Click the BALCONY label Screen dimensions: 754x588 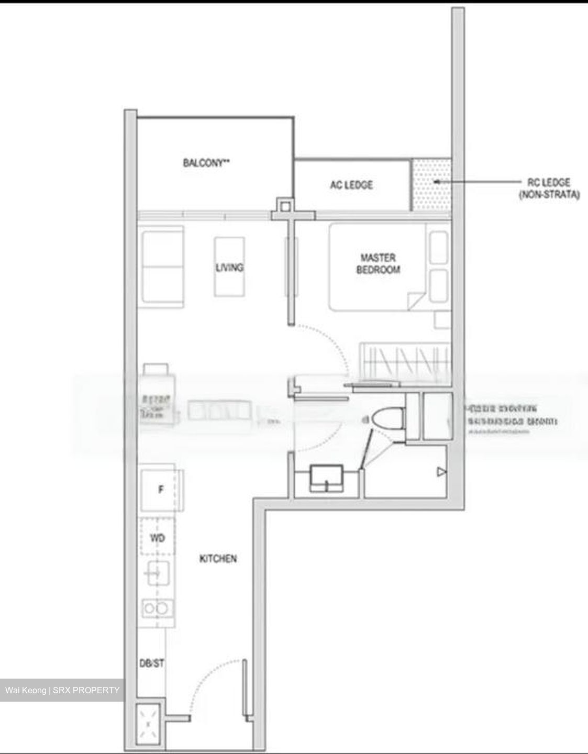[206, 163]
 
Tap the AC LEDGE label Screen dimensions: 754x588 [351, 185]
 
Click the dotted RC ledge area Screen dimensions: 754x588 [431, 184]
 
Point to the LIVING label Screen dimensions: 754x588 [229, 268]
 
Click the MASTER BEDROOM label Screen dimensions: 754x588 [378, 263]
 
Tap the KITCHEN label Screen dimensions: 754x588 [218, 559]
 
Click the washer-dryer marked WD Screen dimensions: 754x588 [158, 537]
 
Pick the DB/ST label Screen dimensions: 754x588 [151, 663]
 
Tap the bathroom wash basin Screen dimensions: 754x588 [327, 477]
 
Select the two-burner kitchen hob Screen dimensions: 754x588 [156, 608]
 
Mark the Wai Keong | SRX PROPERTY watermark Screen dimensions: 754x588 [62, 690]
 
